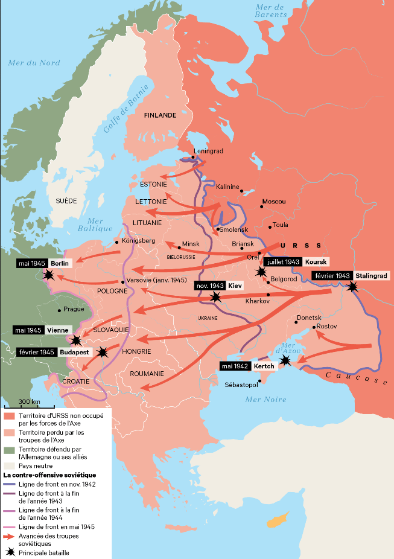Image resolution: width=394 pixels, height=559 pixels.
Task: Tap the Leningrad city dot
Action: click(193, 157)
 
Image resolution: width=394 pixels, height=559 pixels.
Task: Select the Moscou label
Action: click(273, 201)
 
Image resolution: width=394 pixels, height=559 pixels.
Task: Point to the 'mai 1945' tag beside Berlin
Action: click(32, 263)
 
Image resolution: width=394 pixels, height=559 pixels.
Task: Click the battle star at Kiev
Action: click(215, 296)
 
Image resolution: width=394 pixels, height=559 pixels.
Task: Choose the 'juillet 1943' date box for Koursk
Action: click(282, 262)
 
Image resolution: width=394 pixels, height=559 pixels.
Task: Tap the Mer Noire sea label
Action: click(265, 400)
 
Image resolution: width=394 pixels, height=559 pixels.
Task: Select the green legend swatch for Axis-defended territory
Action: click(9, 450)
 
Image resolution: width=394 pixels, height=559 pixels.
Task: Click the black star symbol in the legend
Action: click(9, 551)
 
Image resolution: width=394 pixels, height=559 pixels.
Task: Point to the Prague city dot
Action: click(59, 310)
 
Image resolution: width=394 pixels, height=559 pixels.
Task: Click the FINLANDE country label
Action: click(160, 115)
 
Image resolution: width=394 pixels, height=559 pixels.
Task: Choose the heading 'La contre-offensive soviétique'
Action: click(49, 475)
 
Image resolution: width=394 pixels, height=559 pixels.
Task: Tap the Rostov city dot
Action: click(314, 328)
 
